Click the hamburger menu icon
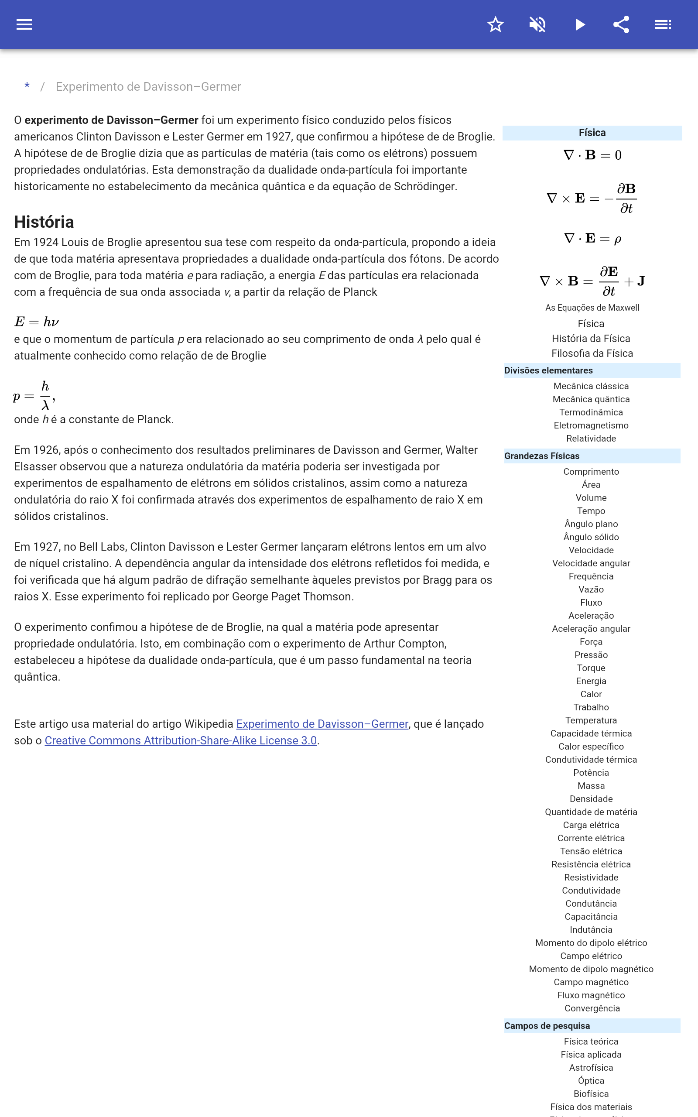(x=24, y=24)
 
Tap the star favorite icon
(x=495, y=24)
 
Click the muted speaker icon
(x=537, y=24)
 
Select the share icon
(x=621, y=24)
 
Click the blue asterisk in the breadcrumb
(x=27, y=86)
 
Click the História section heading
(x=44, y=222)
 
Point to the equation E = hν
(x=37, y=322)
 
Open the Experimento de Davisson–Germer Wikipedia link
(x=322, y=724)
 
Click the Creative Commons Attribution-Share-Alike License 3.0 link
(x=181, y=740)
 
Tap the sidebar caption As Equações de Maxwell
(x=592, y=308)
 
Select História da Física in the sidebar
(x=591, y=338)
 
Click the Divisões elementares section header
(x=548, y=370)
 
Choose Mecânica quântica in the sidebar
(x=591, y=399)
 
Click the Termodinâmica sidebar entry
(x=591, y=412)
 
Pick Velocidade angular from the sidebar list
(x=591, y=563)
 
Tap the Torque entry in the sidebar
(x=591, y=668)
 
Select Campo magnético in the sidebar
(x=591, y=982)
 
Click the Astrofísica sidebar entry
(x=591, y=1068)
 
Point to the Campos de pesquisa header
(x=547, y=1026)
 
